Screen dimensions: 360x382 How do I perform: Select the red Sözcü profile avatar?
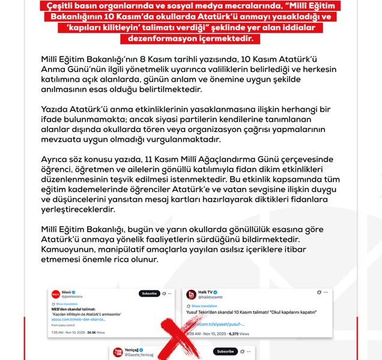55,294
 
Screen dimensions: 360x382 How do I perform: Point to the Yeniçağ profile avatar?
117,352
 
